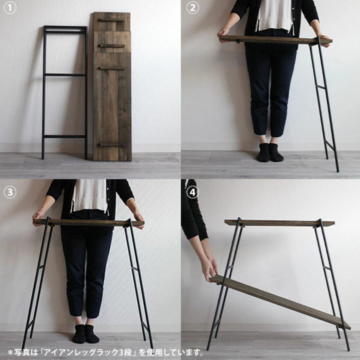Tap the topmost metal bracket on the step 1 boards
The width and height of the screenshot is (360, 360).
pyautogui.click(x=111, y=20)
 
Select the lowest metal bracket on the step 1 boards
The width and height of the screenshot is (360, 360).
pyautogui.click(x=111, y=145)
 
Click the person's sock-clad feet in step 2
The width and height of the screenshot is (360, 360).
pyautogui.click(x=270, y=152)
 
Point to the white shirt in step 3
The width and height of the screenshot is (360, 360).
pyautogui.click(x=89, y=195)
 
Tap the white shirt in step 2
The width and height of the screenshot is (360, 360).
pyautogui.click(x=274, y=14)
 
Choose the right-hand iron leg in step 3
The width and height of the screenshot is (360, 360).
pyautogui.click(x=138, y=280)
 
